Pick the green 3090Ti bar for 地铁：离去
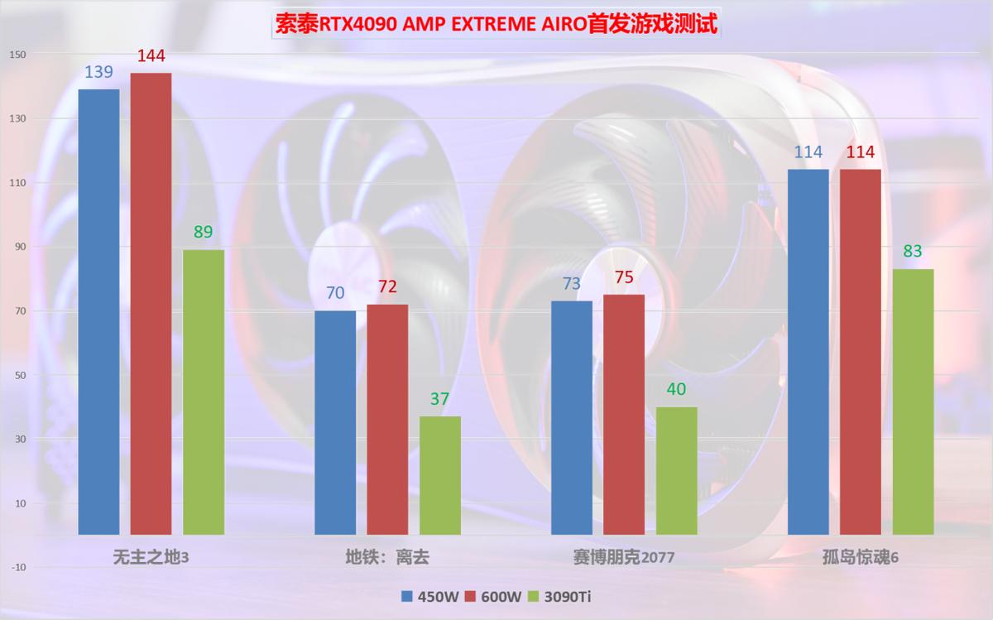point(440,475)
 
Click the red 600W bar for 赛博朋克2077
point(624,414)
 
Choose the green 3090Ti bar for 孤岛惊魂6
point(913,401)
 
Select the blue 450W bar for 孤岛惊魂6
point(808,352)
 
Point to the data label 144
point(151,56)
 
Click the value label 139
point(99,73)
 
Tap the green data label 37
point(440,400)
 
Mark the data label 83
point(913,252)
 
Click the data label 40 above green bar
point(677,390)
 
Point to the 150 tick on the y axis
point(18,55)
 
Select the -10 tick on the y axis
point(18,567)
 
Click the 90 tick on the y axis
point(18,247)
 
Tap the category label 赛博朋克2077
point(623,557)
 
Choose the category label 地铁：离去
point(387,557)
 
